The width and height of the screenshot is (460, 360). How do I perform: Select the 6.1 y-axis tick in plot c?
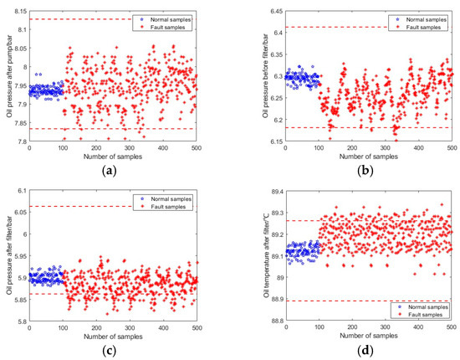point(19,191)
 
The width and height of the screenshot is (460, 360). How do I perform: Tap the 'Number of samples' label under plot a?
point(113,157)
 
